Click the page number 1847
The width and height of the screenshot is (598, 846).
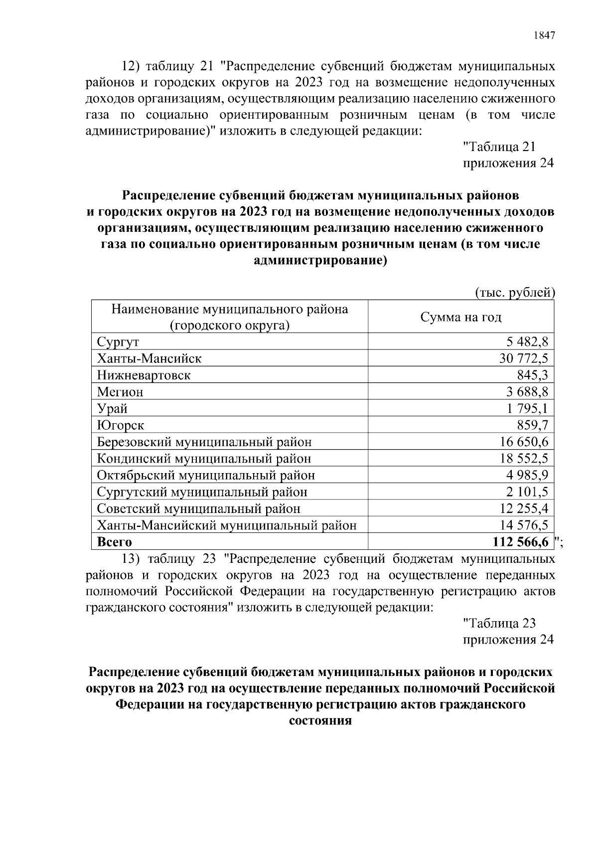pyautogui.click(x=544, y=35)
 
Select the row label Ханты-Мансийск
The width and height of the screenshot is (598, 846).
pyautogui.click(x=149, y=358)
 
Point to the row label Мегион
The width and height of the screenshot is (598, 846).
pyautogui.click(x=120, y=392)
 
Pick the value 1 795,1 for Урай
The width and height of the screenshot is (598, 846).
pyautogui.click(x=528, y=408)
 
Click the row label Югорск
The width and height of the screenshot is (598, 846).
pyautogui.click(x=121, y=425)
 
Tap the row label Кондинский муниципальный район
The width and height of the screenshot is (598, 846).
pyautogui.click(x=204, y=459)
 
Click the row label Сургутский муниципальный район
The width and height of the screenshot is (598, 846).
pyautogui.click(x=202, y=492)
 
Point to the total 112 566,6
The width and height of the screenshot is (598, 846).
pyautogui.click(x=520, y=542)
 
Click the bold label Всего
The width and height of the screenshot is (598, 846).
pyautogui.click(x=114, y=542)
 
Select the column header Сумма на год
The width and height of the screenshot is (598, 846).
pyautogui.click(x=460, y=317)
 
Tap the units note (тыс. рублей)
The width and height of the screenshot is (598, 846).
pyautogui.click(x=514, y=293)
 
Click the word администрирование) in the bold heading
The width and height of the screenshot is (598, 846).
pyautogui.click(x=320, y=261)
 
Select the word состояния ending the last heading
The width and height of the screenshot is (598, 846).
pyautogui.click(x=320, y=721)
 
